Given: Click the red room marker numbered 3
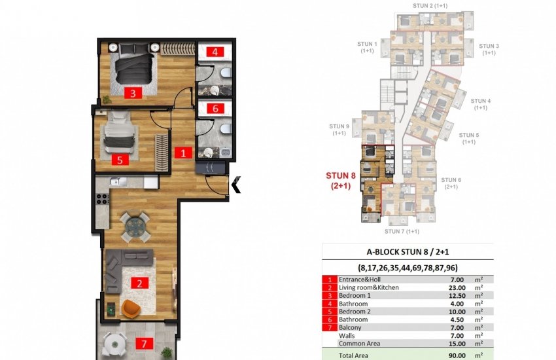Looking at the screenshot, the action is click(133, 93).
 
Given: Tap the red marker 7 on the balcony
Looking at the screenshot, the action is click(144, 344).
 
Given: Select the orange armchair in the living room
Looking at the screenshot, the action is click(131, 308).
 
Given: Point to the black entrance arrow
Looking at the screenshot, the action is click(236, 185).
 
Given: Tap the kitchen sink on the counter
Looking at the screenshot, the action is click(118, 181).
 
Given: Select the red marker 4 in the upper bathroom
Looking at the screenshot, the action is click(215, 52).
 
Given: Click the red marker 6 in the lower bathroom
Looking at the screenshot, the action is click(215, 108).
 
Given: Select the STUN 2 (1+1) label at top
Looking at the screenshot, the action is click(430, 6).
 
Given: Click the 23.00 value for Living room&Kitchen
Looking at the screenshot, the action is click(457, 287).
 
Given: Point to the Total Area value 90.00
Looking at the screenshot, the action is click(457, 355).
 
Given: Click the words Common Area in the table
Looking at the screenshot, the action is click(359, 344).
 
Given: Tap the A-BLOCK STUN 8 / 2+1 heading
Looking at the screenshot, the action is click(408, 252).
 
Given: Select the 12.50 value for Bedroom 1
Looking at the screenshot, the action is click(457, 295).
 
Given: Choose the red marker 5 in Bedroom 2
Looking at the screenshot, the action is click(120, 160).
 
